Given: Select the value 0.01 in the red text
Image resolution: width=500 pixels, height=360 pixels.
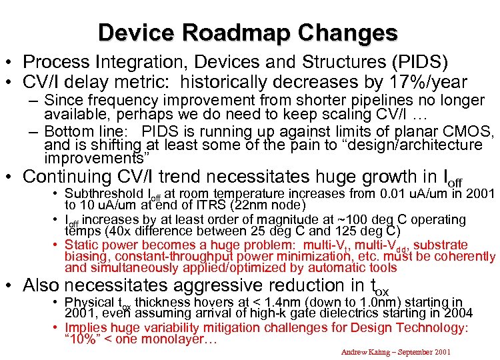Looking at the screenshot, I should point(388,195).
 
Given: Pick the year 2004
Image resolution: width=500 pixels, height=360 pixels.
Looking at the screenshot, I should point(459,313).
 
